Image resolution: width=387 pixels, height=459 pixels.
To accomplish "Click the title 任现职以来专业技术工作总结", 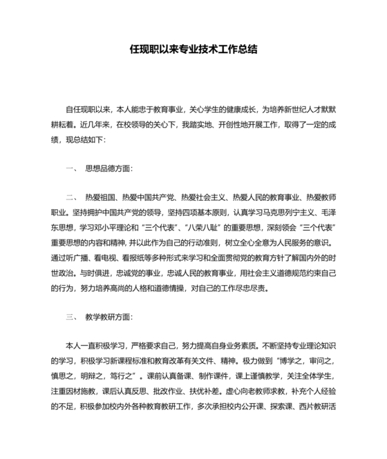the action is tap(193, 50).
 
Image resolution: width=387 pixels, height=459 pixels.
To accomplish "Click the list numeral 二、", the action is tap(73, 197).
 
